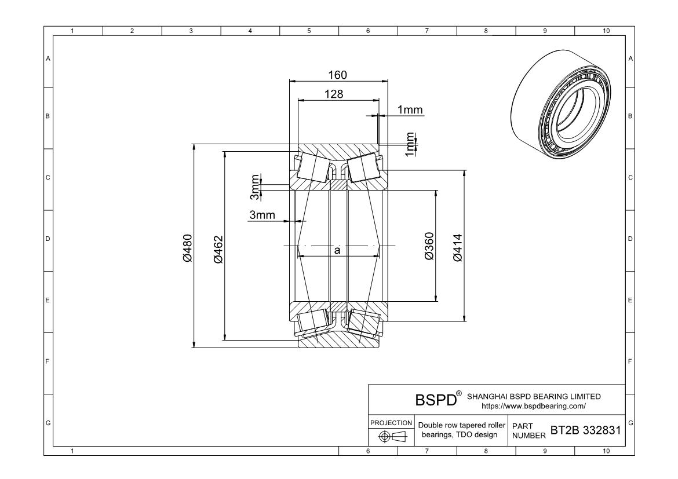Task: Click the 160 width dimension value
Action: click(338, 75)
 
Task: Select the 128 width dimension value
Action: click(333, 94)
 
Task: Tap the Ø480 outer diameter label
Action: click(187, 248)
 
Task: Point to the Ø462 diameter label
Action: click(218, 248)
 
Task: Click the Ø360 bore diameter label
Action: click(429, 247)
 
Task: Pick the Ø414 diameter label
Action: click(458, 247)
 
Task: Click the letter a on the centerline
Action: click(337, 250)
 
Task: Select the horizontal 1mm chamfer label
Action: click(410, 110)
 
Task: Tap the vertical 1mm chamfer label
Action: click(410, 144)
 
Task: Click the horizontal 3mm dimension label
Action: click(262, 215)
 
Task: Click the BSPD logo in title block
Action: click(435, 400)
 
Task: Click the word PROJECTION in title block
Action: click(391, 423)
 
